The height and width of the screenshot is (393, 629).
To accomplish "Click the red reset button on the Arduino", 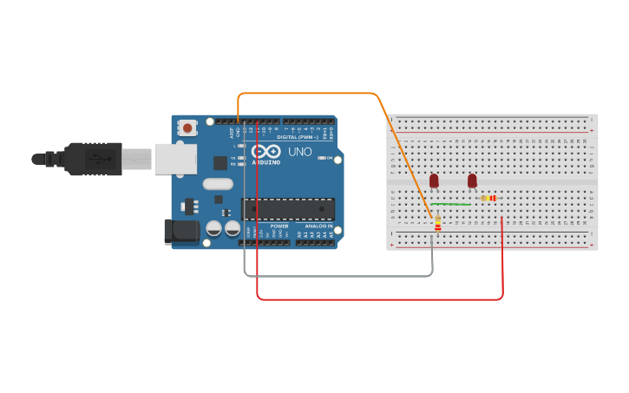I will coord(187,128).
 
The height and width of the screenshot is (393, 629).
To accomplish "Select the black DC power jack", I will coord(181,231).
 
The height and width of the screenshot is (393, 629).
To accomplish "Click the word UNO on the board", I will coord(299,152).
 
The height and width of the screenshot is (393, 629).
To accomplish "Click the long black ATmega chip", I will coord(287,209).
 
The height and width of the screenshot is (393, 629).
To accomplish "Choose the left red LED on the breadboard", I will coord(434,180).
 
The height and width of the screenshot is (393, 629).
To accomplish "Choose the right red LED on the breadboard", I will coord(472,180).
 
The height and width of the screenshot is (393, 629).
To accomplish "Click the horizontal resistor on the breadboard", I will coord(489,198).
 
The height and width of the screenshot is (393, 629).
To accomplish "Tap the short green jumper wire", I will coord(451,204).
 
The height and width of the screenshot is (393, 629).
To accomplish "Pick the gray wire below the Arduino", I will coord(338,276).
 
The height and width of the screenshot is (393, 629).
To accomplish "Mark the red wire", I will coord(382,299).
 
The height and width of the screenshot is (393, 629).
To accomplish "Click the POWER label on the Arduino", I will coord(279,226).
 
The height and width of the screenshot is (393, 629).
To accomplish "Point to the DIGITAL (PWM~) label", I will coord(295,137).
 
